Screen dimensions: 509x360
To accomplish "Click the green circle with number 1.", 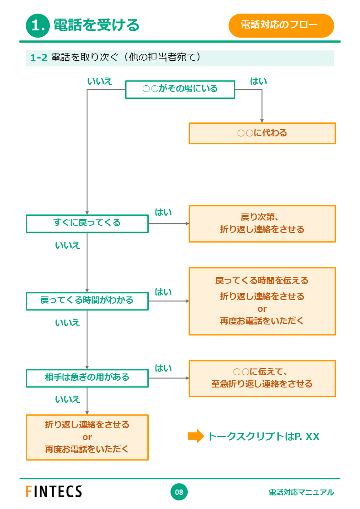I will pyautogui.click(x=38, y=26).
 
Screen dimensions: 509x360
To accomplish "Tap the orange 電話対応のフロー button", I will pyautogui.click(x=281, y=25).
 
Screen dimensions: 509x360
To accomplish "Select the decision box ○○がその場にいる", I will pyautogui.click(x=180, y=89).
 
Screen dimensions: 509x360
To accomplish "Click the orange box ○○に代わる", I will pyautogui.click(x=262, y=133).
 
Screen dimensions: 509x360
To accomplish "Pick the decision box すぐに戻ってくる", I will pyautogui.click(x=87, y=223).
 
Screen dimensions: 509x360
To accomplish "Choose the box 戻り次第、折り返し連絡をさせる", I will pyautogui.click(x=262, y=223).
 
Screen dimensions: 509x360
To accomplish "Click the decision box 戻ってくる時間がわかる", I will pyautogui.click(x=87, y=301).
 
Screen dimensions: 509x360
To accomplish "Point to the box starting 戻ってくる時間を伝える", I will pyautogui.click(x=262, y=301).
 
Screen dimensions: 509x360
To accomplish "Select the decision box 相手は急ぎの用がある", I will pyautogui.click(x=87, y=378).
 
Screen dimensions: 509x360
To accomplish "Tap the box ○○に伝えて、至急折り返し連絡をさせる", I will pyautogui.click(x=262, y=378).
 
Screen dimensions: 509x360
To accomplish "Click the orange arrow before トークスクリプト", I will pyautogui.click(x=196, y=436).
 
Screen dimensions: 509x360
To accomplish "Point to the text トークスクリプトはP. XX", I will pyautogui.click(x=263, y=437).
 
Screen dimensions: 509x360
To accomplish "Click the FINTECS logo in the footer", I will pyautogui.click(x=54, y=492).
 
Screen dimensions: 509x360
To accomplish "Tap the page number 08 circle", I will pyautogui.click(x=179, y=492).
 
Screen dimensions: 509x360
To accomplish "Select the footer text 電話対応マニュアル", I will pyautogui.click(x=301, y=492).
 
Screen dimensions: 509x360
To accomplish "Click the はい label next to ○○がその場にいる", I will pyautogui.click(x=258, y=82).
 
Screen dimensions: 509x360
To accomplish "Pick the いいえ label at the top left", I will pyautogui.click(x=100, y=82).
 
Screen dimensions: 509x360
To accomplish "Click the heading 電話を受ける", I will pyautogui.click(x=96, y=25).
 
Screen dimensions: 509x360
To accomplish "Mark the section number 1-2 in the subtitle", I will pyautogui.click(x=39, y=58).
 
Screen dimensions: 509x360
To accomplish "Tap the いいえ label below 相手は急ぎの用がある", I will pyautogui.click(x=68, y=399).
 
